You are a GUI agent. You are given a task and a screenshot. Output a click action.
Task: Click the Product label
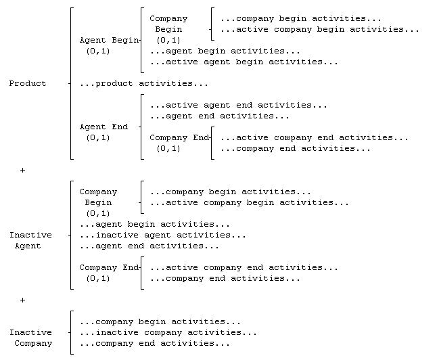[28, 83]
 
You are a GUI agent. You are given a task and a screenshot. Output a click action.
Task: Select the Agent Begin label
[109, 41]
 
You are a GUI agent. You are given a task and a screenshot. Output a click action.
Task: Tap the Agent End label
[103, 127]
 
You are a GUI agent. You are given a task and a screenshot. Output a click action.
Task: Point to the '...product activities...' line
[144, 83]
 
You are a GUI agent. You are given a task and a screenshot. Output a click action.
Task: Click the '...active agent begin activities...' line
[244, 62]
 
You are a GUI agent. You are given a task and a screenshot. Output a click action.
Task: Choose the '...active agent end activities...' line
[239, 106]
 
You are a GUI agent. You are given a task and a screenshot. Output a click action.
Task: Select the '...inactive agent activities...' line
[163, 235]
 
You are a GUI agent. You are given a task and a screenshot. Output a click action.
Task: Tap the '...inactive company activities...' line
[168, 332]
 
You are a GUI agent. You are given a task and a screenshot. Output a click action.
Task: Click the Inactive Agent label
[31, 240]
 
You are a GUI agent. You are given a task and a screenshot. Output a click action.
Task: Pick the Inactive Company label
[31, 338]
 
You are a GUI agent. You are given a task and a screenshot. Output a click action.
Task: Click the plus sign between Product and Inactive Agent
[23, 170]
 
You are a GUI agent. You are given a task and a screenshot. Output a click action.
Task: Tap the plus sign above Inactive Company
[23, 300]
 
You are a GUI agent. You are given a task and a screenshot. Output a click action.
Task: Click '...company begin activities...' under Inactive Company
[160, 321]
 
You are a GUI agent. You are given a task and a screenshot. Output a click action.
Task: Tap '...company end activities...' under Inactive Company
[155, 344]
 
